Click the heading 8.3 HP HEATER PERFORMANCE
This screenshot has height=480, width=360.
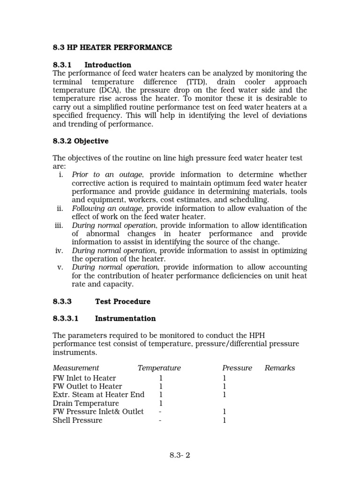click(112, 47)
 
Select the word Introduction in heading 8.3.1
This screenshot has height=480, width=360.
click(108, 65)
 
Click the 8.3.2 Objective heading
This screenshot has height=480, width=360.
click(81, 141)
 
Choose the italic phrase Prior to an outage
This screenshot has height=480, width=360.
click(107, 174)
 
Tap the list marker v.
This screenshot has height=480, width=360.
click(60, 267)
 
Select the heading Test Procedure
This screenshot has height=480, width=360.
click(123, 301)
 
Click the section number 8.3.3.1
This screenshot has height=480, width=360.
click(66, 318)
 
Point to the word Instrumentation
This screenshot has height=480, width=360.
click(125, 318)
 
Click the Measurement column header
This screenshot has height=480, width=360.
click(76, 368)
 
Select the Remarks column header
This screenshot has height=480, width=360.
click(280, 368)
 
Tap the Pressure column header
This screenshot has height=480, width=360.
click(237, 368)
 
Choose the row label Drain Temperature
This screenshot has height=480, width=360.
click(86, 403)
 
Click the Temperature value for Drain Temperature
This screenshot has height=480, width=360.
click(160, 403)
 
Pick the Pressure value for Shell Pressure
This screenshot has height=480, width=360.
click(224, 420)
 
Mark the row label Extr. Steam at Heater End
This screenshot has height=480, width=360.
click(98, 395)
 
